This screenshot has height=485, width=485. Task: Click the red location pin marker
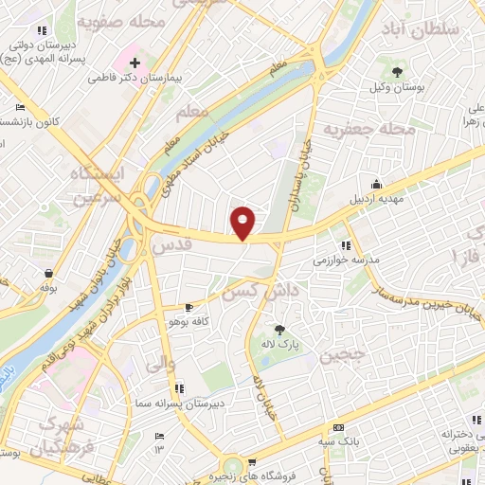pos(243,223)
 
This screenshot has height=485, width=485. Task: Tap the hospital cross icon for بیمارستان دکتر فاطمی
pos(135,63)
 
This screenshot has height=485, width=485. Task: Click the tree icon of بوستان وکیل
pos(397,72)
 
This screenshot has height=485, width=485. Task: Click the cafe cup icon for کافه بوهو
pos(189,308)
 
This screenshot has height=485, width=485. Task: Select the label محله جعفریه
pos(357,126)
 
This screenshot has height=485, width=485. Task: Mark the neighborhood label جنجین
pos(337,356)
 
